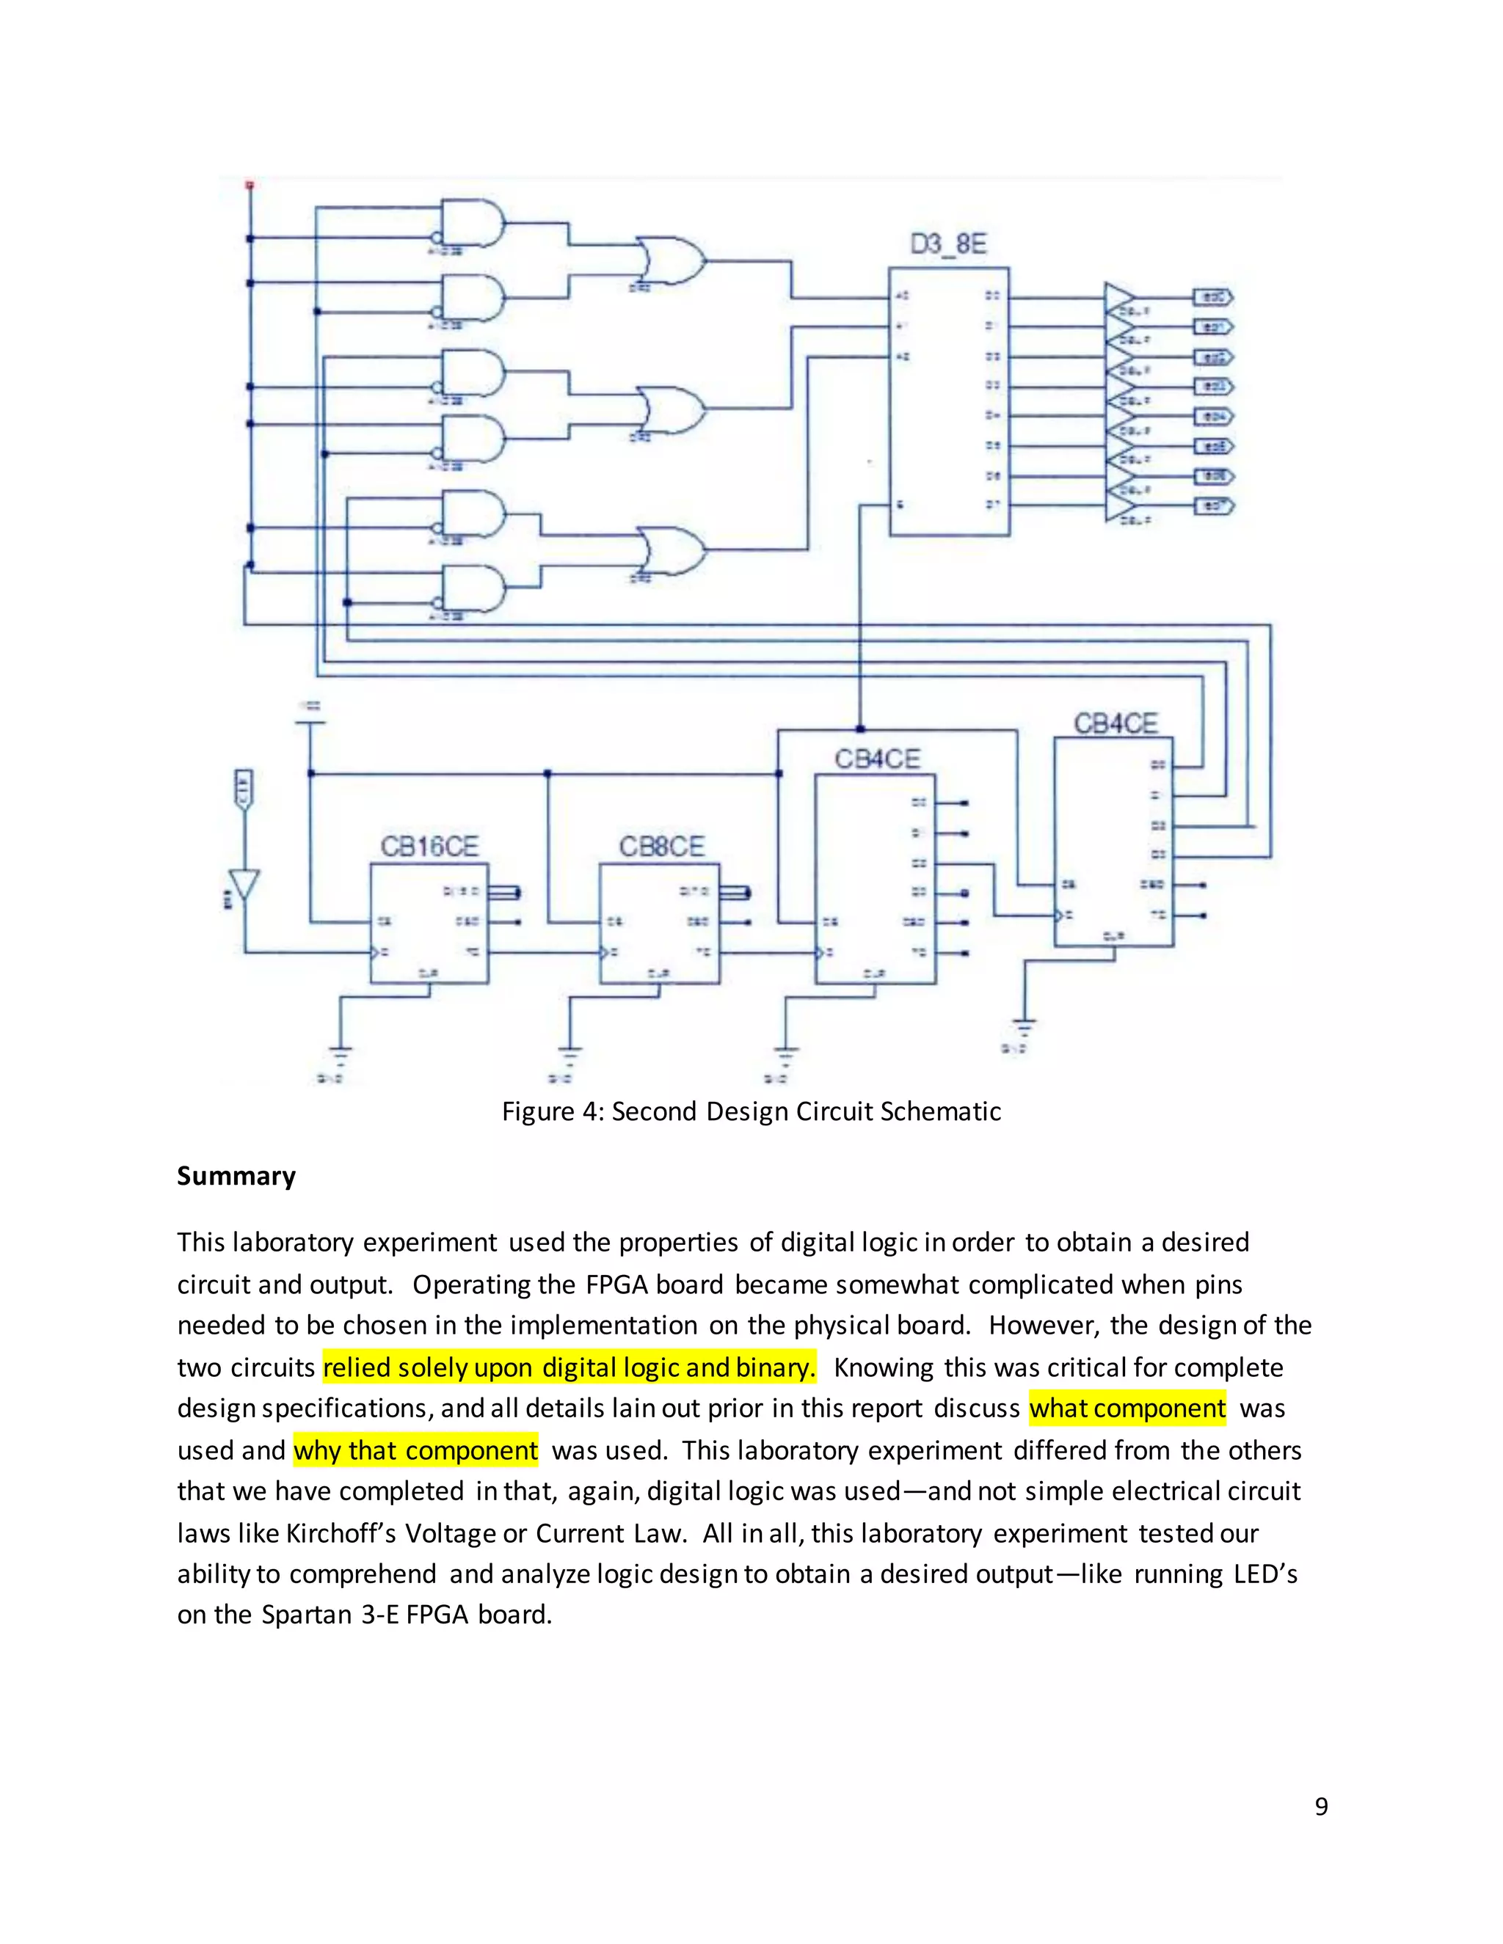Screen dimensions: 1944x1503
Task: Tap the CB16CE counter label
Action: (x=429, y=846)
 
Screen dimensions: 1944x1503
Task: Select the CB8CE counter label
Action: (x=661, y=846)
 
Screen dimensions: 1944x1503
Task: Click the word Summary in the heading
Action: (x=236, y=1176)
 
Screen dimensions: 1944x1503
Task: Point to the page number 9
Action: (x=1321, y=1806)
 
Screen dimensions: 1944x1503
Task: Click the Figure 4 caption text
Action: (x=751, y=1111)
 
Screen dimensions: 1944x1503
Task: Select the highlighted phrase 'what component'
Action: (x=1127, y=1408)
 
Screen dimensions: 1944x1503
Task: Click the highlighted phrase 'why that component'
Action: (x=416, y=1450)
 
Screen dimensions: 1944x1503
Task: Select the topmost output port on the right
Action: (x=1212, y=297)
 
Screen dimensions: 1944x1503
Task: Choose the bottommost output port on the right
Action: (x=1212, y=505)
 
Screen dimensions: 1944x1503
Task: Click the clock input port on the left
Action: (x=244, y=789)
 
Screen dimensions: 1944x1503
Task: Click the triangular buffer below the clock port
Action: (x=244, y=884)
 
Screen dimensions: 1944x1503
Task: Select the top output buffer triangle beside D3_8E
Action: (x=1119, y=297)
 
